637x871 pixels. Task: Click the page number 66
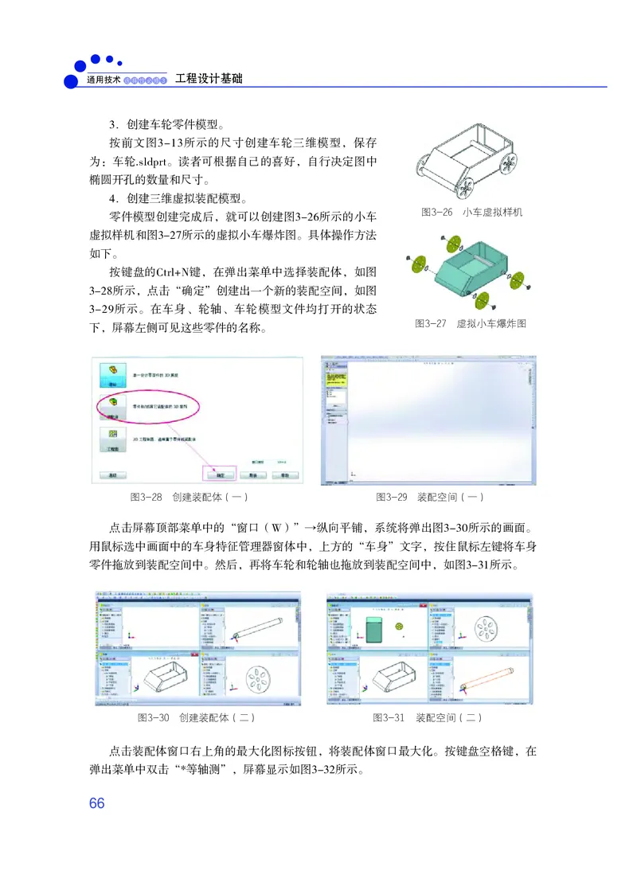[97, 803]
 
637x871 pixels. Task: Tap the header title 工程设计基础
[209, 79]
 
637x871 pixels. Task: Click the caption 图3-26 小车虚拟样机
[471, 213]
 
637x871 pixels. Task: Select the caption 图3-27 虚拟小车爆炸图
[471, 324]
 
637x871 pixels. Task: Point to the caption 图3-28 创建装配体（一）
[190, 498]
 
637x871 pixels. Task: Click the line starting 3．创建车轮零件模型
[166, 125]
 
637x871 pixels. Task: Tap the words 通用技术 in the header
[104, 80]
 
